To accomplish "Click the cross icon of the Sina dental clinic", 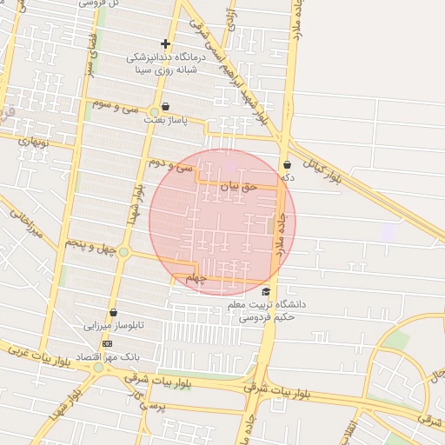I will click(x=166, y=43).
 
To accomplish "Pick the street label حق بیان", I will click(x=239, y=186).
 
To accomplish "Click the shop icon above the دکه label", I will click(x=287, y=164).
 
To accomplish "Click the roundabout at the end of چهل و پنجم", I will click(x=124, y=253).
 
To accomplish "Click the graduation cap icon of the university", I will click(x=266, y=291).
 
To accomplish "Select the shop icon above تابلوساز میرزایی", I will click(x=113, y=313).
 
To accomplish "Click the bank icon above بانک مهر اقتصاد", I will click(x=107, y=344).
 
